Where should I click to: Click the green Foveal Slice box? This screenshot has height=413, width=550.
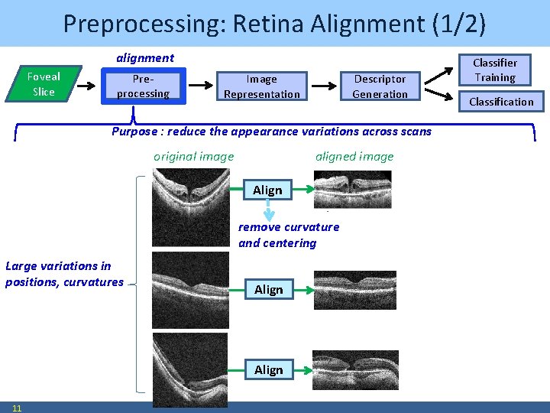tap(44, 83)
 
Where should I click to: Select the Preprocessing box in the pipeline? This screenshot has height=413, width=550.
tap(143, 86)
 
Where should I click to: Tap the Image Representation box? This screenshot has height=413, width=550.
tap(261, 86)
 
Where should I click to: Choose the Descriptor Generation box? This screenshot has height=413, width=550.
tap(380, 86)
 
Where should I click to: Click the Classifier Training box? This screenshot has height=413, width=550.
tap(495, 70)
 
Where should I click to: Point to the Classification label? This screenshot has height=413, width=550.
tap(501, 102)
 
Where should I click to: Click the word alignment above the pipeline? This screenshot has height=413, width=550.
tap(144, 58)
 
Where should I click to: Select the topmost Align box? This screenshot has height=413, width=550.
tap(267, 190)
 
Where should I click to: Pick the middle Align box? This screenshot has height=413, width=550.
tap(268, 289)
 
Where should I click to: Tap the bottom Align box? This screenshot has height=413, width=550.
tap(268, 369)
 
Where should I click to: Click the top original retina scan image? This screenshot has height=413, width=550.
tap(190, 206)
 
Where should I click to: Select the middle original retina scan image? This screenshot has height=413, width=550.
tap(190, 290)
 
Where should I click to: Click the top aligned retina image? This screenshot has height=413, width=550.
tap(353, 189)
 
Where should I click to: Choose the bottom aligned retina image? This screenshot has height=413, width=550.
tap(355, 370)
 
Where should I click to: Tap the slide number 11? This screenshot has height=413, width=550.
tap(17, 408)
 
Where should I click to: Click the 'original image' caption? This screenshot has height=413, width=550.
tap(193, 157)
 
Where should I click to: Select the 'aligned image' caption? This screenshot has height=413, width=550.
tap(354, 157)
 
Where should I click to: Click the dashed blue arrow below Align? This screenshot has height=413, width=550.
tap(268, 210)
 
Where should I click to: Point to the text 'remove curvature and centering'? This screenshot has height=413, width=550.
tap(289, 235)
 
